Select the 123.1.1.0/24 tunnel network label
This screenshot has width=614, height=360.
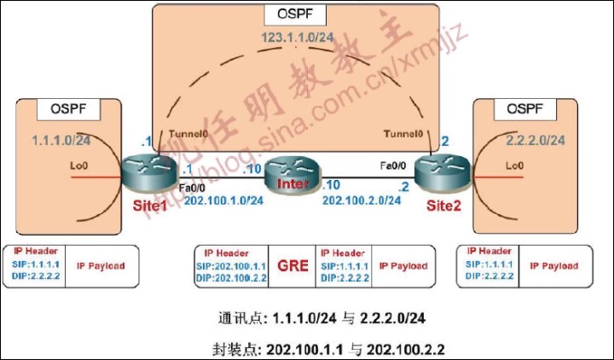pyautogui.click(x=295, y=40)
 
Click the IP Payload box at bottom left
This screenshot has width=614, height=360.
pyautogui.click(x=101, y=266)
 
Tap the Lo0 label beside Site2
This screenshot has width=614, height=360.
pyautogui.click(x=513, y=165)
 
